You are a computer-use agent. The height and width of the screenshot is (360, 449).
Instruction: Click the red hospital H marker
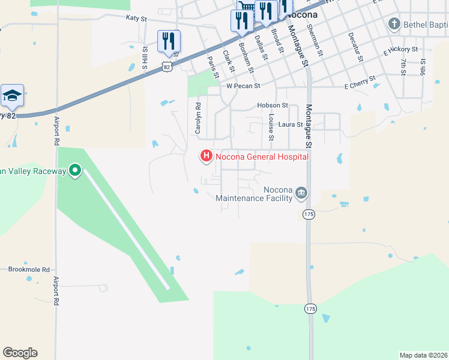(206, 157)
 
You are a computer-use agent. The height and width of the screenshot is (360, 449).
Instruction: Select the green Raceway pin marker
(75, 172)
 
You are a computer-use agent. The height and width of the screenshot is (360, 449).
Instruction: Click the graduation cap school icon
(12, 96)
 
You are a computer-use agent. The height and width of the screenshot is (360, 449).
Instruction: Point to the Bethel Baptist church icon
(394, 25)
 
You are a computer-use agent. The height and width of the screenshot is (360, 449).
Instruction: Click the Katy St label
(136, 19)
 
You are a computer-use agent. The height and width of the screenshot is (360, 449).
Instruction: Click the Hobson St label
(273, 105)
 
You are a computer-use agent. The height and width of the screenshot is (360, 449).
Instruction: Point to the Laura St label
(291, 125)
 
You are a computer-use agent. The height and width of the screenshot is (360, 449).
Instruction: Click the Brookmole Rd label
(29, 270)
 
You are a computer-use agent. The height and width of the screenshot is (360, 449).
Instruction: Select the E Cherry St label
(360, 79)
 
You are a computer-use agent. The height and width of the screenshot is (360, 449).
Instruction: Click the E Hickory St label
(401, 49)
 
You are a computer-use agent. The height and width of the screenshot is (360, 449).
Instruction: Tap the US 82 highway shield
(167, 67)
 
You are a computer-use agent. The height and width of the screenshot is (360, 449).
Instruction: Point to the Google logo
(20, 352)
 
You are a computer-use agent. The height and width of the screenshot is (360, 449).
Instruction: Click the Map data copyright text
(423, 355)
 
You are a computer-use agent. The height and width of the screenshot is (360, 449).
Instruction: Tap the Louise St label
(272, 128)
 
